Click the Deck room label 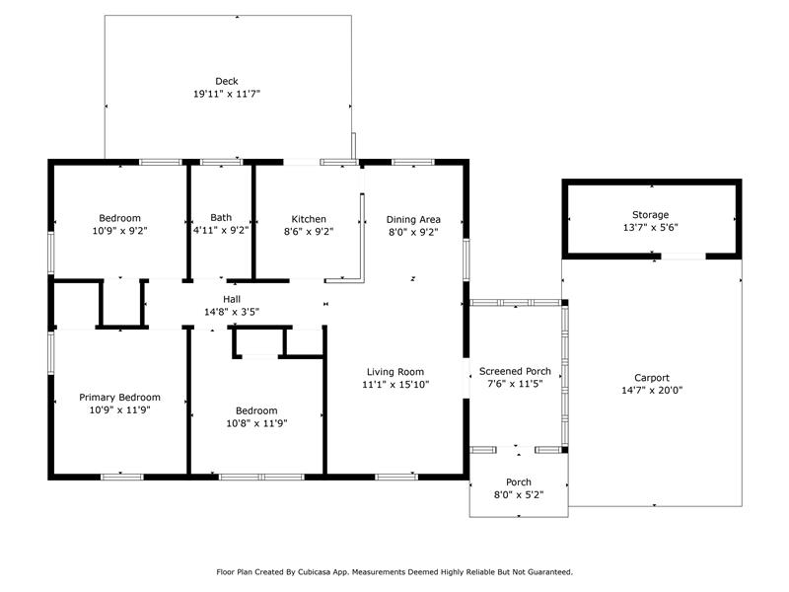pos(227,81)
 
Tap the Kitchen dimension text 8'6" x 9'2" pos(309,232)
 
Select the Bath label pos(221,217)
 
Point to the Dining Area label pos(413,219)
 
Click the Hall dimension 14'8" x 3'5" pos(232,312)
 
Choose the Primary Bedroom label pos(119,398)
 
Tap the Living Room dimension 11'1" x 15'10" pos(395,385)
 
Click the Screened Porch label pos(515,371)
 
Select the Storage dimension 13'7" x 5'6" pos(651,227)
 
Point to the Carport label pos(652,378)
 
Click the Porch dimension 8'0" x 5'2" pos(519,495)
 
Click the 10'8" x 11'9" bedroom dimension pos(256,423)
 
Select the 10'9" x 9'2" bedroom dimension pos(119,231)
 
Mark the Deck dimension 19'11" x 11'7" pos(227,94)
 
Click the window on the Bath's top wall pos(221,162)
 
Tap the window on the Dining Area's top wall pos(412,162)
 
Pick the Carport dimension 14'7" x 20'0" pos(652,390)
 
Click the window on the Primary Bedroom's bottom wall pos(121,477)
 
